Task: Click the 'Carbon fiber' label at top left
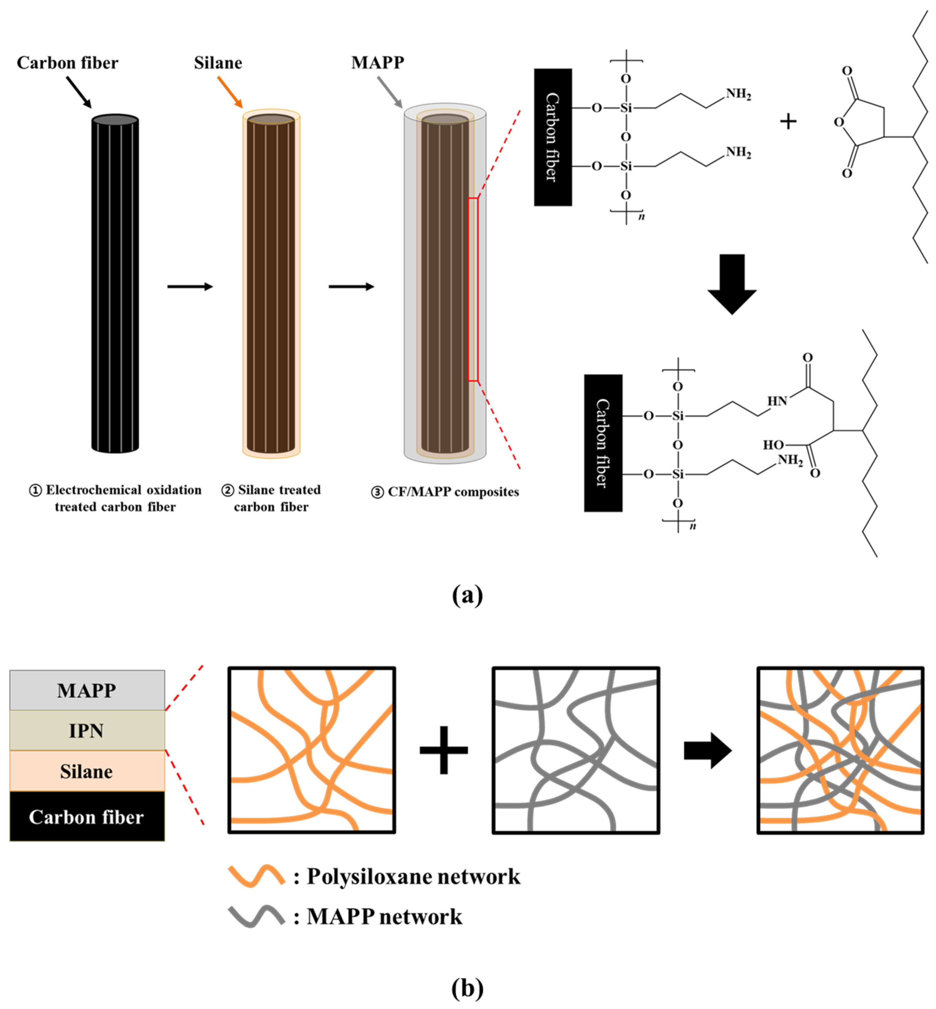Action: coord(67,63)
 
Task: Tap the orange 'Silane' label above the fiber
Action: coord(218,63)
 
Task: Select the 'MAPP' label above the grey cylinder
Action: coord(378,62)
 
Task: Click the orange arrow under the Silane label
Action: coord(230,92)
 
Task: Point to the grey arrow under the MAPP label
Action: coord(390,92)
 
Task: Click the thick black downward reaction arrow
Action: coord(732,284)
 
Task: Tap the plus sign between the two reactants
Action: coord(788,121)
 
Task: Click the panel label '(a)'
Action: coord(468,595)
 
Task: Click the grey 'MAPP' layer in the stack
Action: coord(87,690)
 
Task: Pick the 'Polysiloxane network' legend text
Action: coord(413,876)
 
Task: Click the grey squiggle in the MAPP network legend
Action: coord(256,916)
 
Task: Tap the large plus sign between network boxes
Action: coord(444,750)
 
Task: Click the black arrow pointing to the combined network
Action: coord(708,750)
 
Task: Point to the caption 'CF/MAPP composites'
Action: coord(453,492)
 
